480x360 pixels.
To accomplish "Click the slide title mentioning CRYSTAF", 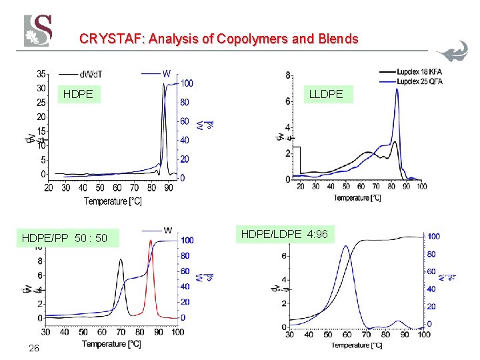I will coord(219,39).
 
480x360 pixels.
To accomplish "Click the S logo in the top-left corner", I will coord(38,31).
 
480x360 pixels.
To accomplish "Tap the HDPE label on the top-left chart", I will coord(77,95).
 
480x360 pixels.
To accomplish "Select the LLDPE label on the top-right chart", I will coord(326,95).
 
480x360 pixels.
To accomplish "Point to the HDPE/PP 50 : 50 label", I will coord(70,237).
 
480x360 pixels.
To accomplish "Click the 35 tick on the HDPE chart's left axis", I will coord(41,73).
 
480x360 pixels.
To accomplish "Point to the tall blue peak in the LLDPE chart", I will coord(397,91).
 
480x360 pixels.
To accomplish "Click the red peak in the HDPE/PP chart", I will coord(151,242).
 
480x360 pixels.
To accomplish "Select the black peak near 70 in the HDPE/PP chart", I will coord(121,261).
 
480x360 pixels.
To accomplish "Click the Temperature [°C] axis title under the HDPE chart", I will coord(113,201).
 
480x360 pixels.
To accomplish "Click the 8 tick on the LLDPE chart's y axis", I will coord(287,75).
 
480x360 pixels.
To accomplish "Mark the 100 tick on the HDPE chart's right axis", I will coord(187,83).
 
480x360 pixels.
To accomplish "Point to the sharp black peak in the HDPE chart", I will coord(163,86).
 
